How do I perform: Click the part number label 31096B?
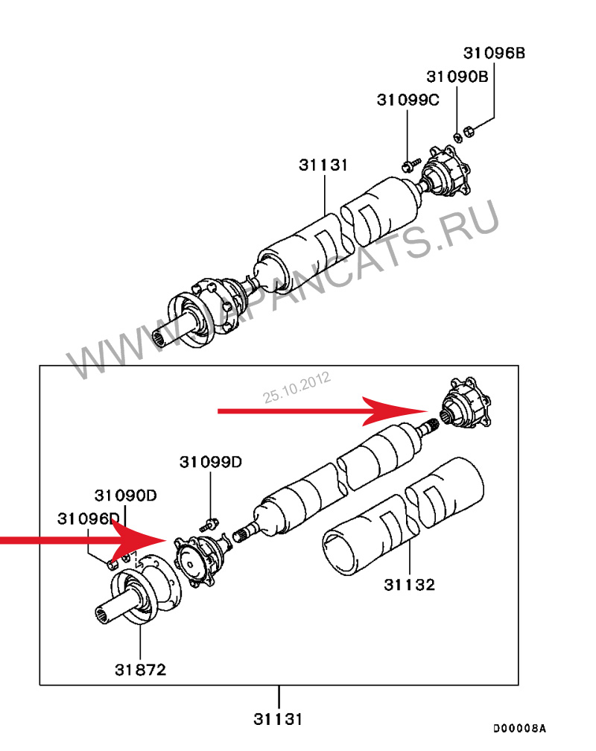[494, 53]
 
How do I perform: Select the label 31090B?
[457, 77]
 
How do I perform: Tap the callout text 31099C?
[408, 100]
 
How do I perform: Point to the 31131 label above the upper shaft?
[323, 165]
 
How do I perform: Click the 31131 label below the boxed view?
[278, 719]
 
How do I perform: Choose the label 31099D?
[211, 462]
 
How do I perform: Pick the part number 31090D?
[125, 495]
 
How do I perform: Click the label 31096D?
[88, 519]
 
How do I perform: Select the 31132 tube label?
[410, 585]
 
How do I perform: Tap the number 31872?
[140, 670]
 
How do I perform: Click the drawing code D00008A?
[519, 729]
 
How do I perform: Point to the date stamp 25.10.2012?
[297, 387]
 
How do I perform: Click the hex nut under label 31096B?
[469, 131]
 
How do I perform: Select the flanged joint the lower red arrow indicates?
[201, 560]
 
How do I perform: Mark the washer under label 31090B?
[457, 137]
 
